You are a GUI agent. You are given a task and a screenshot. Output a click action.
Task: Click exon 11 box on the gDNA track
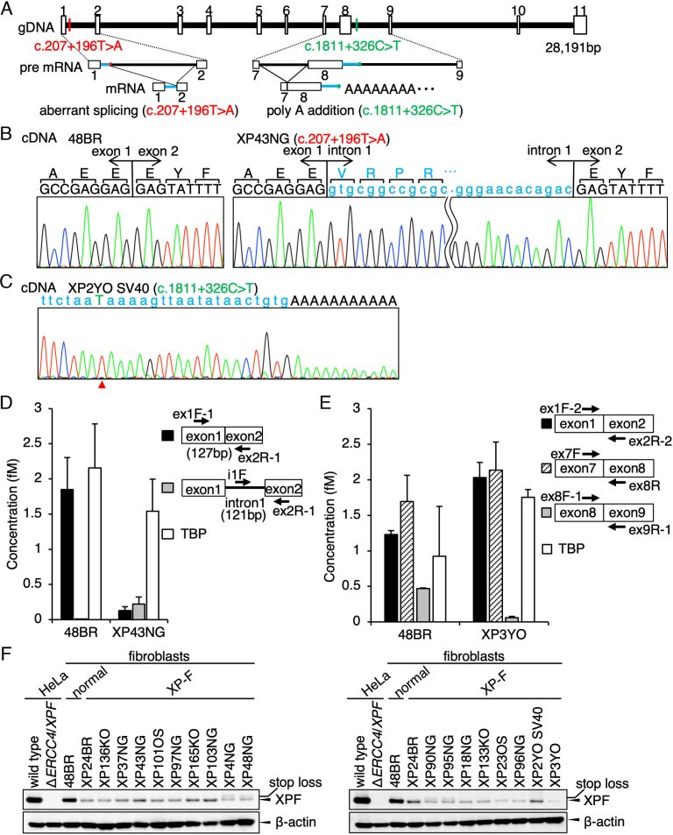coord(580,25)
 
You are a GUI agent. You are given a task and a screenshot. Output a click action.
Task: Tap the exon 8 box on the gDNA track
coord(345,25)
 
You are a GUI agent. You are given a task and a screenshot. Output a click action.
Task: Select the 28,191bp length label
coord(573,47)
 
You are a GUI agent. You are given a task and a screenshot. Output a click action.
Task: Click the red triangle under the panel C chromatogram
coord(102,384)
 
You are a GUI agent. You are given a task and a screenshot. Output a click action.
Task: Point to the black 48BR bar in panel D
coord(67,554)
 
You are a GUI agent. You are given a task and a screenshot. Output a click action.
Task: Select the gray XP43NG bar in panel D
coord(138,612)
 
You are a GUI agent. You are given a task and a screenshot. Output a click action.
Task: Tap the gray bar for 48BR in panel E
coord(423,605)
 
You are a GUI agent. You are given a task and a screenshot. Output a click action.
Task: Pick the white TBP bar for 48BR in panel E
coord(439,589)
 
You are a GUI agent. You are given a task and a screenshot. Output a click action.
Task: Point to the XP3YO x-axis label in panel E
coord(503,634)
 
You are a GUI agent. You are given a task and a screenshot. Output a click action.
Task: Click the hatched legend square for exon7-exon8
coord(546,469)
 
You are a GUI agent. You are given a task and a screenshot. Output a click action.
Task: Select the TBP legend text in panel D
coord(194,534)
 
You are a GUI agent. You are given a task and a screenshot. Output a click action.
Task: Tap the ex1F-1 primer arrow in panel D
coord(202,421)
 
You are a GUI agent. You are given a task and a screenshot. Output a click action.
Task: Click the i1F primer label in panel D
coord(237,473)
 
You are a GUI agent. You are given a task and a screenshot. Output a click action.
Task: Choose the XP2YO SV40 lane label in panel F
coord(537,747)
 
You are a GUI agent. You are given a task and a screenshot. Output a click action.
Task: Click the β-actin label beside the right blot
coord(604,822)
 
